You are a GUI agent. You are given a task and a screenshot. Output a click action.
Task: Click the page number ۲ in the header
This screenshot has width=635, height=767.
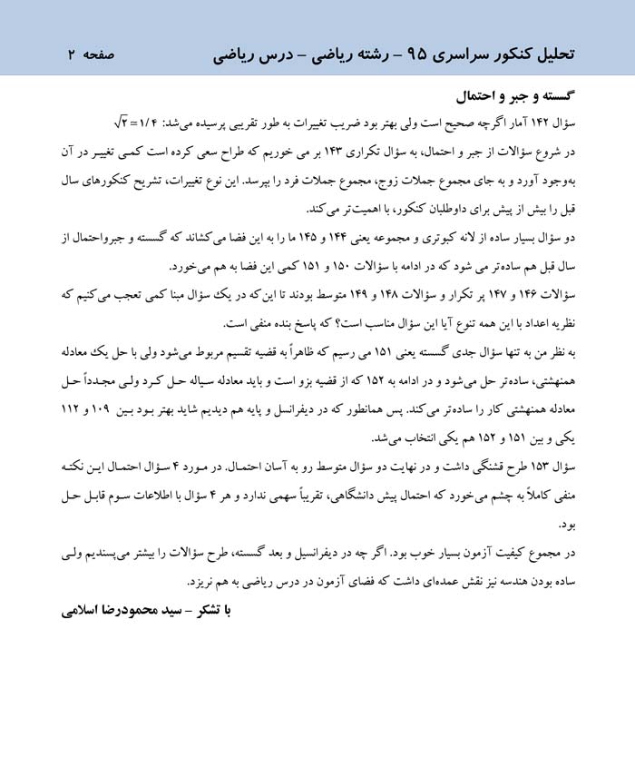click(70, 54)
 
